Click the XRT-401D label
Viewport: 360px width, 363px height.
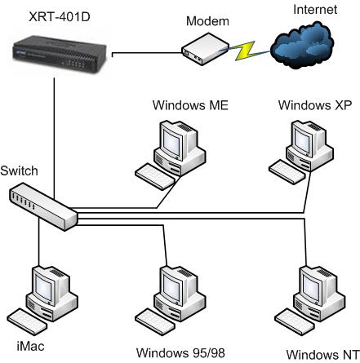[x=60, y=17]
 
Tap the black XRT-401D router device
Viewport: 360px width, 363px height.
[x=60, y=55]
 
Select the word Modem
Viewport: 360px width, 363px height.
[x=207, y=21]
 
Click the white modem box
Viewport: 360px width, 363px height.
[x=205, y=49]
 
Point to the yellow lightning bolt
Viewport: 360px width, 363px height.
[x=245, y=51]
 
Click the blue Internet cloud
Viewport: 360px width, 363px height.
[x=302, y=45]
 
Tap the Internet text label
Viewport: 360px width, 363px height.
[x=315, y=9]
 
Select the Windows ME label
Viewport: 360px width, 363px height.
[x=190, y=105]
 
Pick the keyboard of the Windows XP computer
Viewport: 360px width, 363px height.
[x=287, y=172]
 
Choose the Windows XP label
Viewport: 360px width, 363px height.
[x=315, y=105]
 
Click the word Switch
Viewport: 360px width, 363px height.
[x=19, y=170]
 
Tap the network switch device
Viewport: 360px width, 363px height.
[x=43, y=206]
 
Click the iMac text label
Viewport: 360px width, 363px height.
[x=30, y=347]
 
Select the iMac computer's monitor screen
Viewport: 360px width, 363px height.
[x=44, y=288]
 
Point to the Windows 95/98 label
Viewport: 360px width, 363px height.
[x=180, y=353]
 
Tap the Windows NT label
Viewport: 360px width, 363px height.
[x=322, y=355]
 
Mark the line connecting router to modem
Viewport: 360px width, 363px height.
[x=147, y=53]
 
